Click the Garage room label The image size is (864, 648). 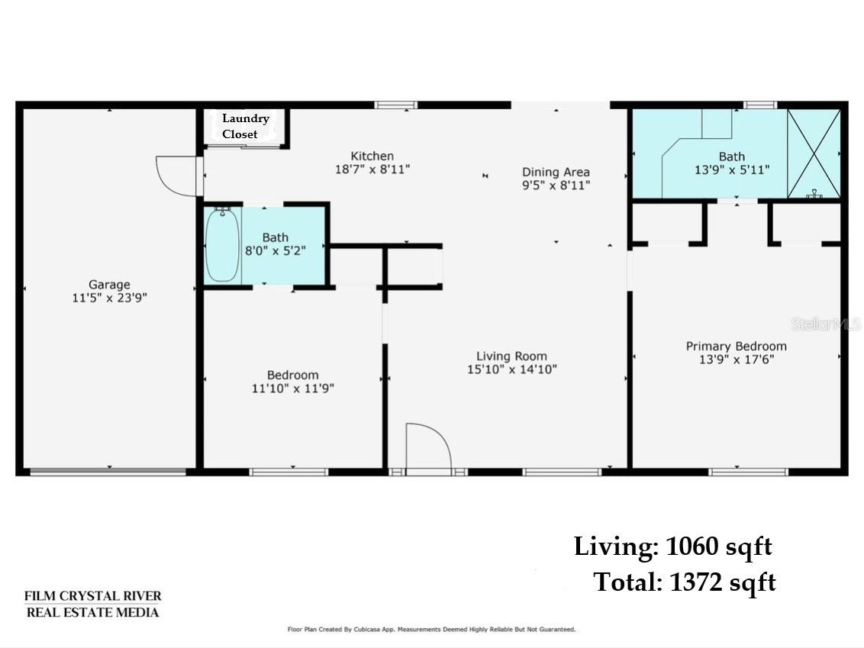point(109,285)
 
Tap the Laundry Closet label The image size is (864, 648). point(245,126)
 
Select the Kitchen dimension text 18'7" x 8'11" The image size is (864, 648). point(372,169)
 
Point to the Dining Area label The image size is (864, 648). point(556,172)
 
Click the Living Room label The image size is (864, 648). point(512,356)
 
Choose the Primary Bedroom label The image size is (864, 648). point(737,346)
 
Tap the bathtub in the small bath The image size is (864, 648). point(222,245)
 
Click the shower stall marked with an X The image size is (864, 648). point(814,153)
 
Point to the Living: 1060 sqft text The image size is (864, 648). point(672,546)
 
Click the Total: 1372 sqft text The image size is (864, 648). point(685,582)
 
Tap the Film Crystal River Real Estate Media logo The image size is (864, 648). point(92,604)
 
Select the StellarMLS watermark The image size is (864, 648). point(825,324)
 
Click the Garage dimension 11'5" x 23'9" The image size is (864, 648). point(110,298)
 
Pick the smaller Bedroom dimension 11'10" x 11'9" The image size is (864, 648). point(292,388)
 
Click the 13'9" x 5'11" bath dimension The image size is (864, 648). point(732,169)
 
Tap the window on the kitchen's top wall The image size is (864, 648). point(395,105)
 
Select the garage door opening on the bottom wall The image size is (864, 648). point(108,472)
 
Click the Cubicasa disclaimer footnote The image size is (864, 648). point(431,629)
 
